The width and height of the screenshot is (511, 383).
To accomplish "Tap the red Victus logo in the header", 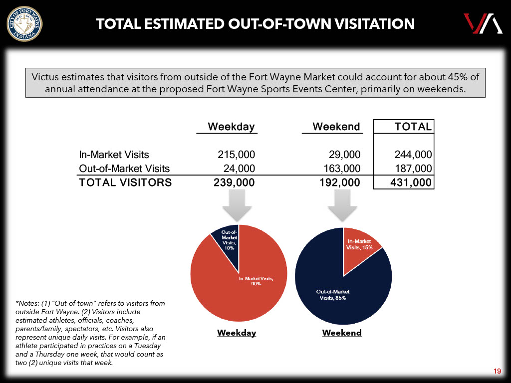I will (482, 23).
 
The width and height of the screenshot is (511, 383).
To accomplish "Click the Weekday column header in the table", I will (231, 127).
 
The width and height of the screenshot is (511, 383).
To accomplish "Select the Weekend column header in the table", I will (336, 127).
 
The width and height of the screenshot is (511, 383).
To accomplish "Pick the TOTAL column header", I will (413, 127).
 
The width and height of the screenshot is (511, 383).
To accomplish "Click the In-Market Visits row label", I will (114, 155).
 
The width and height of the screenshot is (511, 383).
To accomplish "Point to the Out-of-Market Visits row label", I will (124, 169).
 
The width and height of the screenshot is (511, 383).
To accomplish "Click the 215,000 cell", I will (234, 155).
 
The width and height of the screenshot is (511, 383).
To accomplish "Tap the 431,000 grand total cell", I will (411, 183).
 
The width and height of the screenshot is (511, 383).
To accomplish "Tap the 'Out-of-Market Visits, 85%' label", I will (333, 294).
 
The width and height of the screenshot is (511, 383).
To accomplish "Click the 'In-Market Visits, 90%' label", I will (256, 281).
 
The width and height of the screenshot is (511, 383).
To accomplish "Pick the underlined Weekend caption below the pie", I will (342, 333).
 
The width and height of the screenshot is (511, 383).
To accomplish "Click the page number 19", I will (497, 371).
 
